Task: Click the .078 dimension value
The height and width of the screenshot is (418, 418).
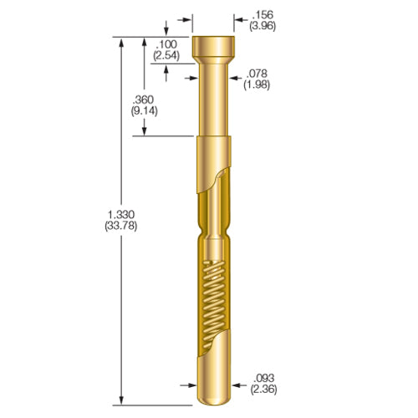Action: point(255,74)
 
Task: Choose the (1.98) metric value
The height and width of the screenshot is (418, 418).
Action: point(255,84)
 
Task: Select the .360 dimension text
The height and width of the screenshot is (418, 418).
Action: point(145,97)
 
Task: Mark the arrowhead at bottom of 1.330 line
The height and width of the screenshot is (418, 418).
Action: point(124,400)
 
